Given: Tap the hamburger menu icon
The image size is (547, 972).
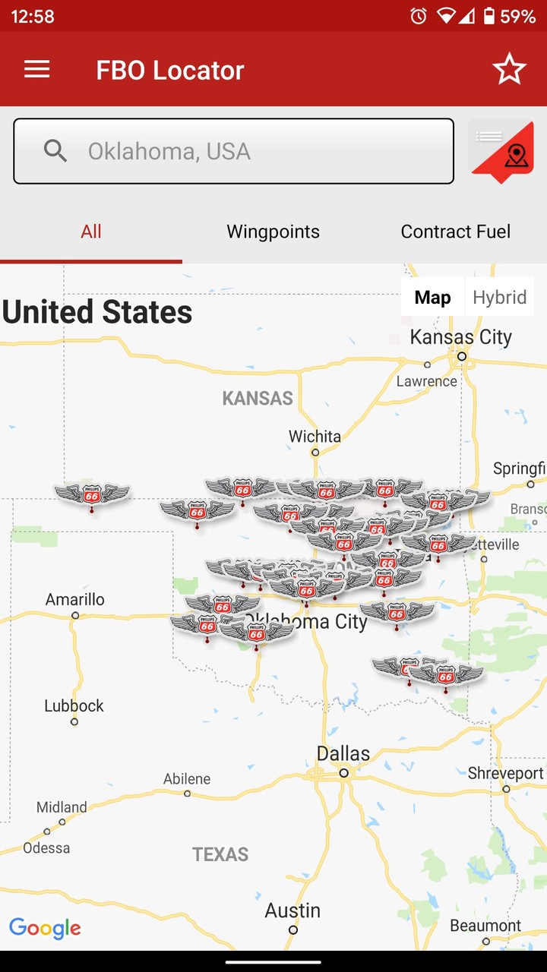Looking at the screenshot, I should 36,70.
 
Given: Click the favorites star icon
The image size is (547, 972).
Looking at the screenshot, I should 509,70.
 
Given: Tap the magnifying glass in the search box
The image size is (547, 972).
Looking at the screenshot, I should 55,151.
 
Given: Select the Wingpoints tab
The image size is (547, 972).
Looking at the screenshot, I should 273,232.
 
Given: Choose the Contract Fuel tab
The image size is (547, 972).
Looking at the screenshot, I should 455,232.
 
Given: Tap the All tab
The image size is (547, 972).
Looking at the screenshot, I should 91,232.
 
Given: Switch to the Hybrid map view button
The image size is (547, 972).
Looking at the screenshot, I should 499,297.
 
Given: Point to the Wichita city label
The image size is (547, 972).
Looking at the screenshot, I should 315,437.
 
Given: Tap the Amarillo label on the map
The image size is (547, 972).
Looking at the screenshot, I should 74,600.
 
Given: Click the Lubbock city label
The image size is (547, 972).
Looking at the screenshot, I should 74,706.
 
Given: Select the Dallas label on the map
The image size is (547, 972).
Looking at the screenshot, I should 343,754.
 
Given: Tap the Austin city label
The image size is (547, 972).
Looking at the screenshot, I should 292,910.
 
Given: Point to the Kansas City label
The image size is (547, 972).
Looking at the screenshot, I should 460,337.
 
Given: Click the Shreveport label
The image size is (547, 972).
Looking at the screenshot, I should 505,774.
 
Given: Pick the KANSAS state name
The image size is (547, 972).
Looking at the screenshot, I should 258,399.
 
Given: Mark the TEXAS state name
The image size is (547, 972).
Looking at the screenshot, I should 220,855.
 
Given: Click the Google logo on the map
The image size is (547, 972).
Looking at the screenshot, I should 45,928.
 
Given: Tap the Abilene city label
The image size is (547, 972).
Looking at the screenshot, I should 187,779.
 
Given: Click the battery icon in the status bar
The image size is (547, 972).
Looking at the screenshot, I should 489,16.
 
